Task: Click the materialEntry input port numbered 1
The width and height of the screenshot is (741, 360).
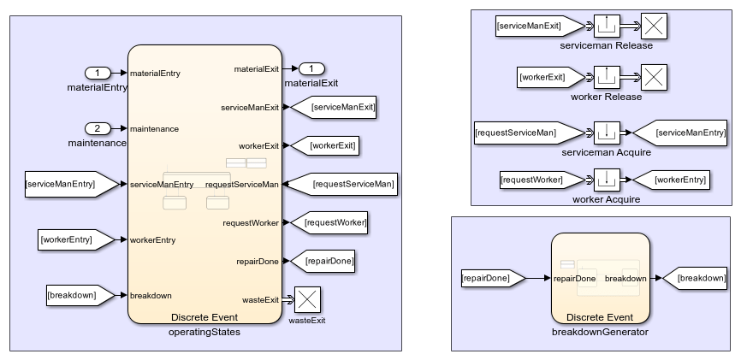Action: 97,73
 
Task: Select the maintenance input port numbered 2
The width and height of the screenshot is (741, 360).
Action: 97,128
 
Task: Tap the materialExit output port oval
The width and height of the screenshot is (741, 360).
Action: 312,68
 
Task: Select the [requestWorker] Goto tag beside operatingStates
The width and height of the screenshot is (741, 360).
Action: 335,222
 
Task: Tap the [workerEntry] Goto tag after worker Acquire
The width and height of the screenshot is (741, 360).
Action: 679,180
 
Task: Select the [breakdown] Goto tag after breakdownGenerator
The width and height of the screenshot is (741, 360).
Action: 697,278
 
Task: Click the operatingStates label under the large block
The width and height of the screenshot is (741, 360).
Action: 205,332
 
